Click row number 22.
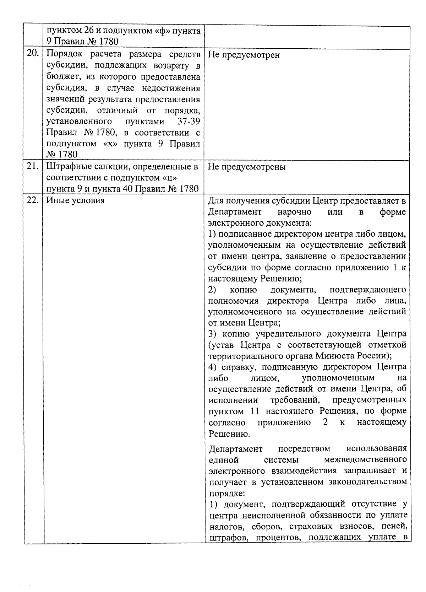33,200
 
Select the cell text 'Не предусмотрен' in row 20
244,55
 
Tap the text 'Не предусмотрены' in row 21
246,167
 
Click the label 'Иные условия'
75,200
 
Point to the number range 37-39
189,122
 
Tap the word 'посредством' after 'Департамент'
304,448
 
